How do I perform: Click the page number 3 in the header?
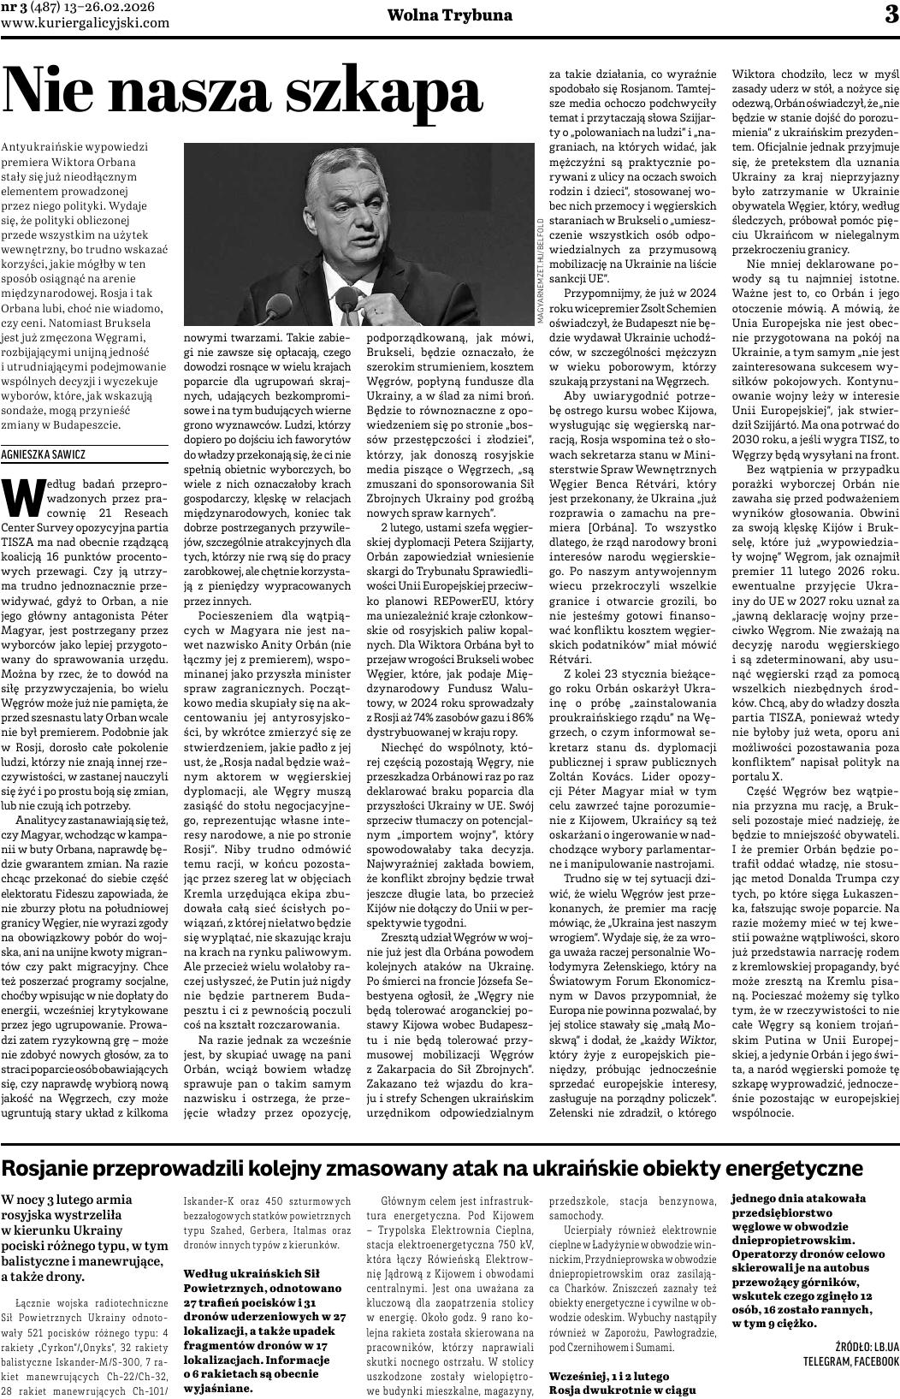891,15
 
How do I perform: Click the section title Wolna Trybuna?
449,15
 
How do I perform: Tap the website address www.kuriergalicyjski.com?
86,23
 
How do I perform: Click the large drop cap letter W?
23,494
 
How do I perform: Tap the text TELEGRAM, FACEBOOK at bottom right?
850,1361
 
